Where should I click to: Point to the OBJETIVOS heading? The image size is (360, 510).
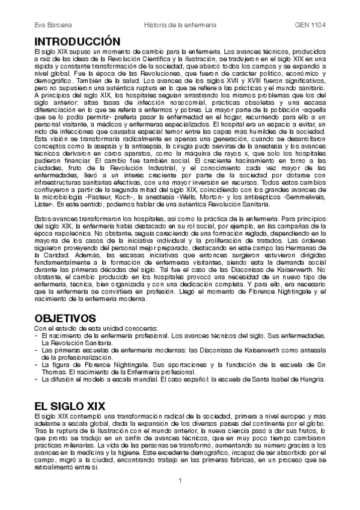tap(65, 317)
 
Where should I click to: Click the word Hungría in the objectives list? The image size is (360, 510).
tap(310, 379)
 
